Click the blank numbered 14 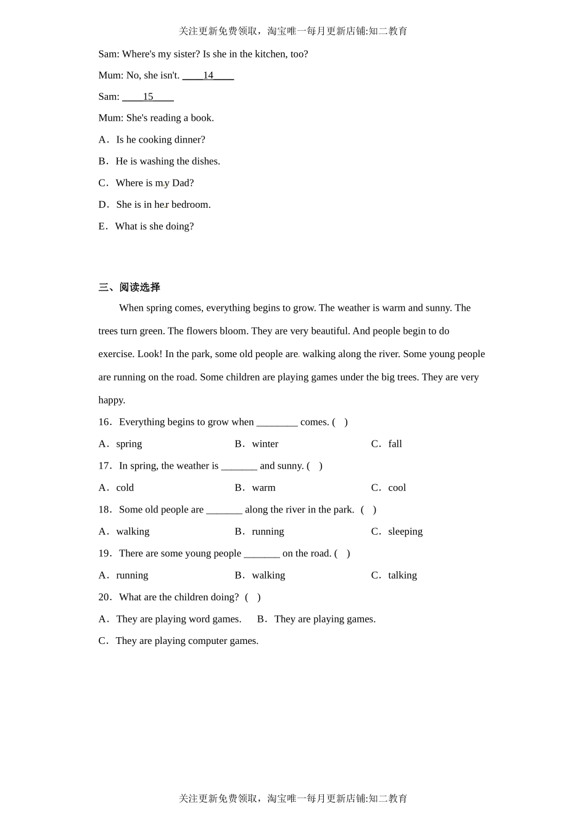(x=208, y=76)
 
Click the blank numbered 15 (x=148, y=97)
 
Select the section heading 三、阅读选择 (x=130, y=287)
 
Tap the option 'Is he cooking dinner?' (x=160, y=140)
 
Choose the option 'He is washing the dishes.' (x=167, y=162)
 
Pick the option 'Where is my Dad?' (x=154, y=183)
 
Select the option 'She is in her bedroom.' (x=163, y=205)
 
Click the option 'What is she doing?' (x=154, y=226)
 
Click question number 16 (x=105, y=423)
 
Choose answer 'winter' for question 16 (x=265, y=444)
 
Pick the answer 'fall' (x=395, y=444)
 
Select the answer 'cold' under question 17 (x=125, y=488)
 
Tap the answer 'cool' (x=397, y=488)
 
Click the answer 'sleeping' (x=405, y=532)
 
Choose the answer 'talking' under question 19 (x=402, y=575)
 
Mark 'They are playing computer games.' (x=186, y=641)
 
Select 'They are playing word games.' (x=178, y=619)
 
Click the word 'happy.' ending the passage (x=112, y=400)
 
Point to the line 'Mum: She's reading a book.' (x=156, y=118)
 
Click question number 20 (x=105, y=598)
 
